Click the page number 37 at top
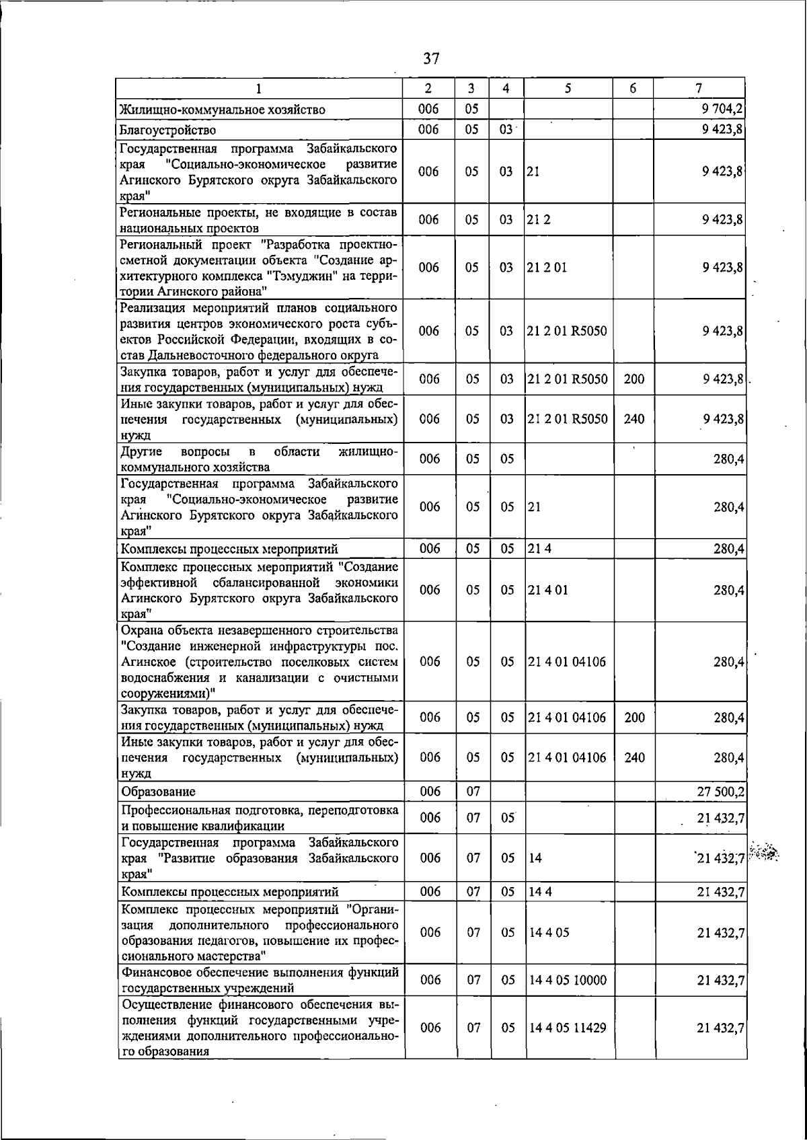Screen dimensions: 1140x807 pyautogui.click(x=431, y=59)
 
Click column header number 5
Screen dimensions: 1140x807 pyautogui.click(x=568, y=88)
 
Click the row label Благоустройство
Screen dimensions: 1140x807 pyautogui.click(x=167, y=129)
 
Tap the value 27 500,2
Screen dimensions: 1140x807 pyautogui.click(x=720, y=792)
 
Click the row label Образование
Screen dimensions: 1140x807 pyautogui.click(x=158, y=792)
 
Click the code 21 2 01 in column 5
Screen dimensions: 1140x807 pyautogui.click(x=547, y=267)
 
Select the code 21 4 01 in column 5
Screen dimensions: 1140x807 pyautogui.click(x=548, y=590)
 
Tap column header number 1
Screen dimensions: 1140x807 pyautogui.click(x=260, y=88)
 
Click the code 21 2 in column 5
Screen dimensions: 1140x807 pyautogui.click(x=539, y=219)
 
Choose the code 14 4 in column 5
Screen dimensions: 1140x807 pyautogui.click(x=540, y=892)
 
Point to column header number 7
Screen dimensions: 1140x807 pyautogui.click(x=699, y=88)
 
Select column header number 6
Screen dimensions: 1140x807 pyautogui.click(x=633, y=88)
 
